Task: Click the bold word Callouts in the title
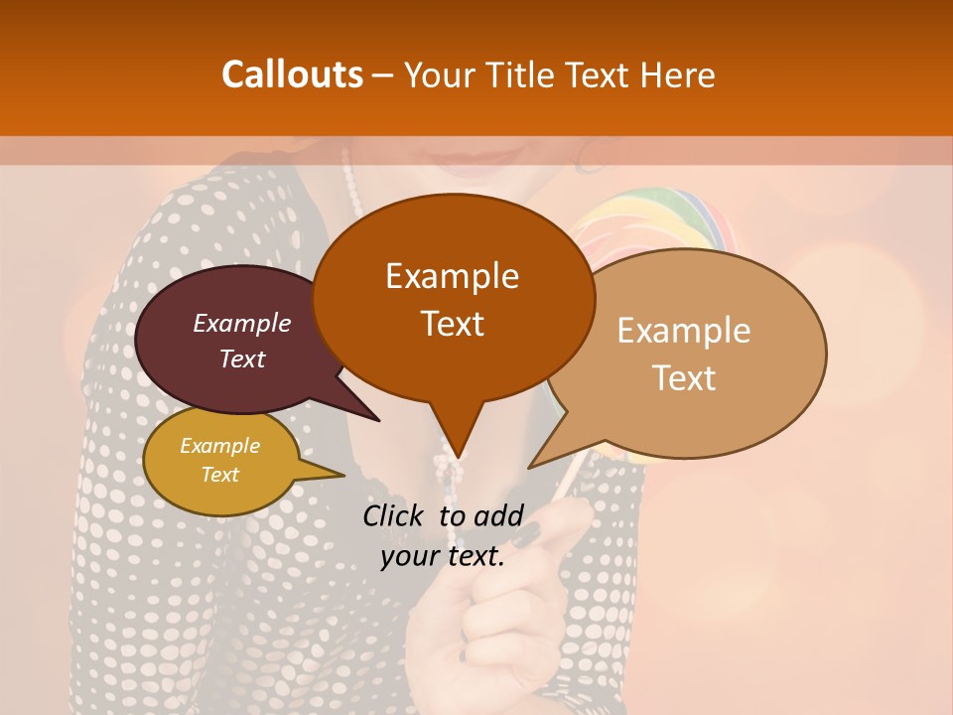(x=293, y=74)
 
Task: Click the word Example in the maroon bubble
(x=242, y=323)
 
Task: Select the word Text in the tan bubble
(x=684, y=378)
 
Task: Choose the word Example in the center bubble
(x=452, y=276)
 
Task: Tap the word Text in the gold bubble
(x=220, y=475)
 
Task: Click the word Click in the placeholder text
(x=394, y=515)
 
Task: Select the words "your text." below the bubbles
(x=443, y=556)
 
